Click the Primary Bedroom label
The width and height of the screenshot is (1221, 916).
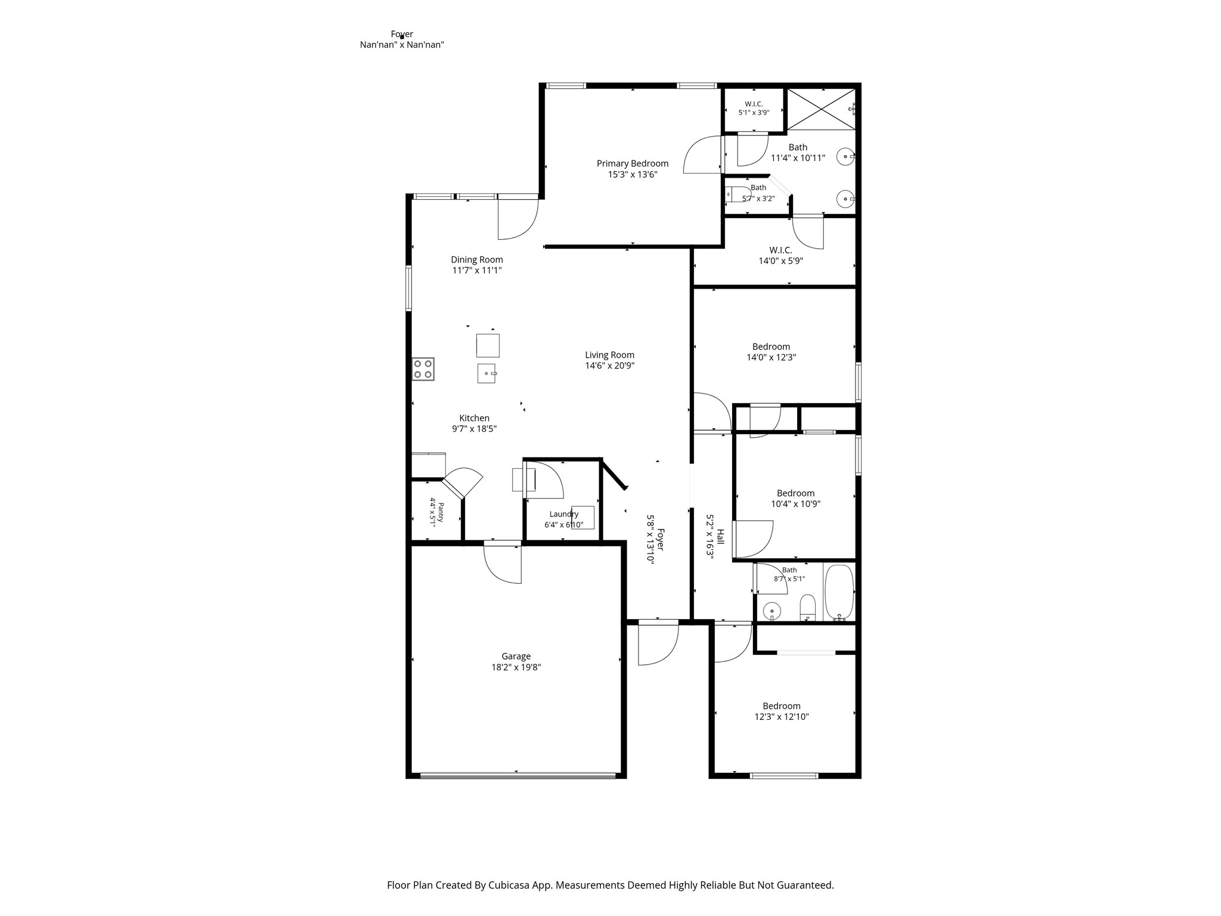point(633,163)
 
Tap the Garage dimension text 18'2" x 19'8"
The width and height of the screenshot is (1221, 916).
point(516,667)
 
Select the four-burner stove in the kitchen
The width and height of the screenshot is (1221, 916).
point(423,369)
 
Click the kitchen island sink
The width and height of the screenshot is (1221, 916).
point(487,373)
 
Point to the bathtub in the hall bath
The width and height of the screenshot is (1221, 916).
point(839,593)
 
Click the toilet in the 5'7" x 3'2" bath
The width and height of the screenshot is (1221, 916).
point(737,194)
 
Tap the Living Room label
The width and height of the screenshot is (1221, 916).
point(609,355)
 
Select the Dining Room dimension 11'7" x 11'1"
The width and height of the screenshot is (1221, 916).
point(477,270)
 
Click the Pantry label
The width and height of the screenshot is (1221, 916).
point(441,512)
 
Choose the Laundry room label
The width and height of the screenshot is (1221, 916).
point(564,514)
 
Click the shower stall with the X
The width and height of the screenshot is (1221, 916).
point(822,109)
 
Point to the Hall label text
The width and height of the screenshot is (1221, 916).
point(720,536)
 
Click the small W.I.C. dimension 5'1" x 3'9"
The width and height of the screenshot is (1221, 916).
point(754,112)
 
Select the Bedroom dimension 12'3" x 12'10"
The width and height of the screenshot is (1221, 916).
point(782,717)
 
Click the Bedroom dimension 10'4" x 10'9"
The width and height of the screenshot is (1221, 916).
point(795,503)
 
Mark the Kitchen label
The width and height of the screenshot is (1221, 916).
point(474,418)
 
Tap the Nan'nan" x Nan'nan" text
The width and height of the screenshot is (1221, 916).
point(402,45)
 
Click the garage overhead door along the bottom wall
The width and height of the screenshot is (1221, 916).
point(517,776)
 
